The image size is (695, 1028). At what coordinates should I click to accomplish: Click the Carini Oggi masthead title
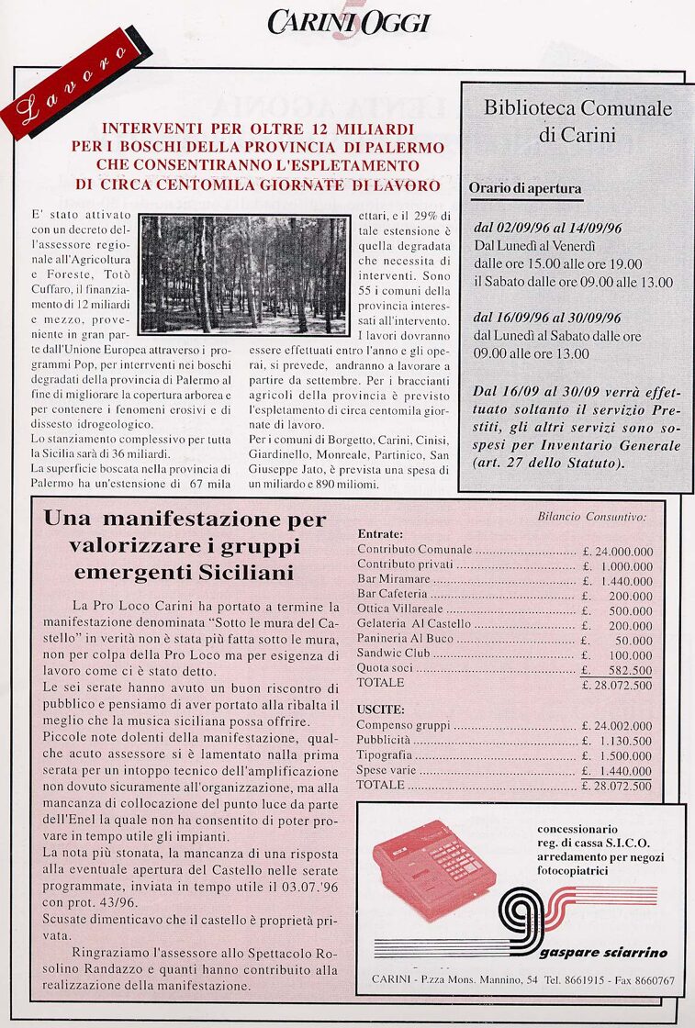click(349, 22)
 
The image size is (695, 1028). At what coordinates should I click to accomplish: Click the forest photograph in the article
click(243, 274)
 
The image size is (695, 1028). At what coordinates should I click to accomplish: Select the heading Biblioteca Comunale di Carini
click(577, 121)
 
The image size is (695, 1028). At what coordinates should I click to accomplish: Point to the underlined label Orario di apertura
click(525, 188)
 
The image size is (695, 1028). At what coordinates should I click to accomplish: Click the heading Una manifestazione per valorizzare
click(185, 546)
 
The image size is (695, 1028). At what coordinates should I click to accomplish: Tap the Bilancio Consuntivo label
click(591, 517)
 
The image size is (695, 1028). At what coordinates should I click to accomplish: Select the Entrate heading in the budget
click(379, 533)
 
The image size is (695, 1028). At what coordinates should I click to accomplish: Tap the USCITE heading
click(379, 710)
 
